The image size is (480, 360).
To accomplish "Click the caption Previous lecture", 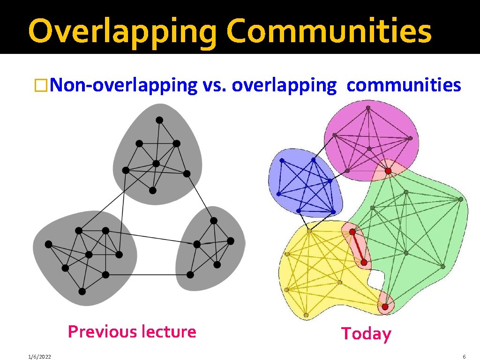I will point(132,331).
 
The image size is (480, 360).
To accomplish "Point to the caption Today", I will point(366,334).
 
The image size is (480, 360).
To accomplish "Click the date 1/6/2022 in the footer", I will point(39,357).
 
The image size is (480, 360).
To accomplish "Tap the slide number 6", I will point(464,357).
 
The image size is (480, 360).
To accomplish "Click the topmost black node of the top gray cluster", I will point(159,120).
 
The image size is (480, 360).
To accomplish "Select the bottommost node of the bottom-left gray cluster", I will point(82,292).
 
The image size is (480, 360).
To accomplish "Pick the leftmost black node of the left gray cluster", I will point(48,244).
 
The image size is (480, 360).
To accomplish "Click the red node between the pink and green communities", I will point(388,171).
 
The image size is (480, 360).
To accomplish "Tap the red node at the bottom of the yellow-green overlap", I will point(385,307).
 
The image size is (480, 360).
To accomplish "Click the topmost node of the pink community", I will point(368,108).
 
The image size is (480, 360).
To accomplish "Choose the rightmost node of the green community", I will point(461,199).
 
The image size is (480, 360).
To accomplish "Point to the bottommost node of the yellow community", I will point(306,315).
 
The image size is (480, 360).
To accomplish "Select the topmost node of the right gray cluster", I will point(214,220).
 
